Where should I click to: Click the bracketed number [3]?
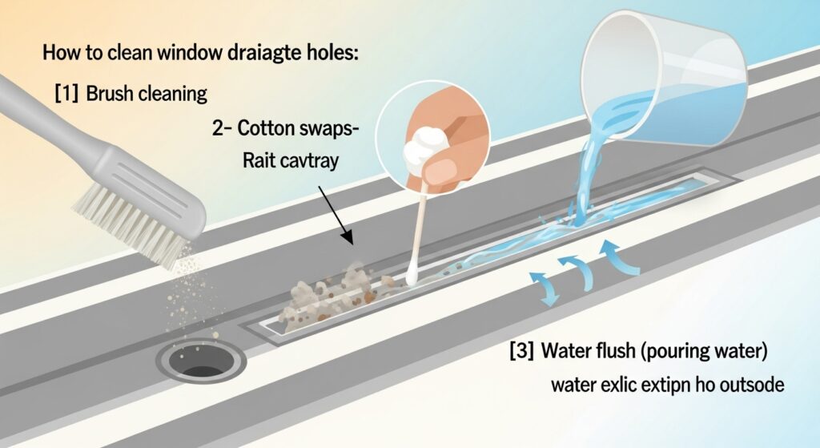pyautogui.click(x=521, y=350)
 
